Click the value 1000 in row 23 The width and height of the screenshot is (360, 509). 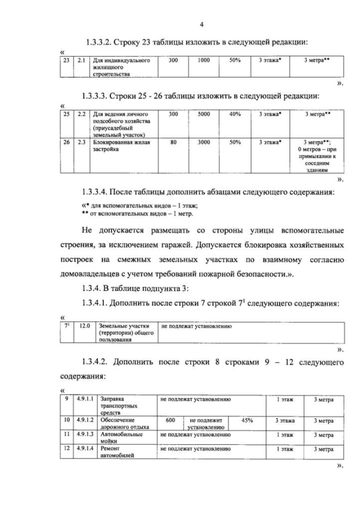204,60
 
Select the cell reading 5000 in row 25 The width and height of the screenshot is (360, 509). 204,114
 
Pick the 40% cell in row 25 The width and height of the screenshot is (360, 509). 235,114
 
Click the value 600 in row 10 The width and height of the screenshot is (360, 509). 171,420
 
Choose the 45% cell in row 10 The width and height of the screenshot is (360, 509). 247,420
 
